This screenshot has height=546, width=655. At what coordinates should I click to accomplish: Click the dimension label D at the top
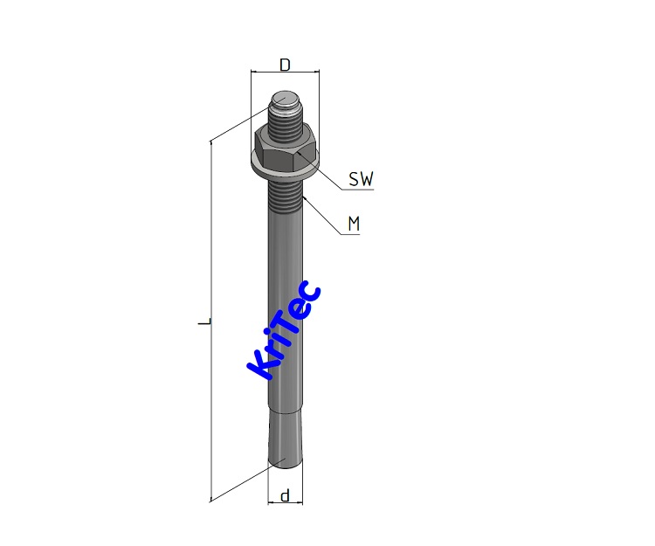coord(285,65)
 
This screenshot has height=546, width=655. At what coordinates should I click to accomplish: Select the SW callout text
coord(361,180)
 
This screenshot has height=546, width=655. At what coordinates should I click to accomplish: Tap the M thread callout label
coord(354,225)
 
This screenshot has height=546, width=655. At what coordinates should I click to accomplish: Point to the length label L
coord(203,322)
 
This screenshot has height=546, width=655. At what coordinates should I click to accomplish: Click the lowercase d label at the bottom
coord(284,496)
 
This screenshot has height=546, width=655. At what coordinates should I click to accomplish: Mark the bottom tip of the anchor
coord(285,463)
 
